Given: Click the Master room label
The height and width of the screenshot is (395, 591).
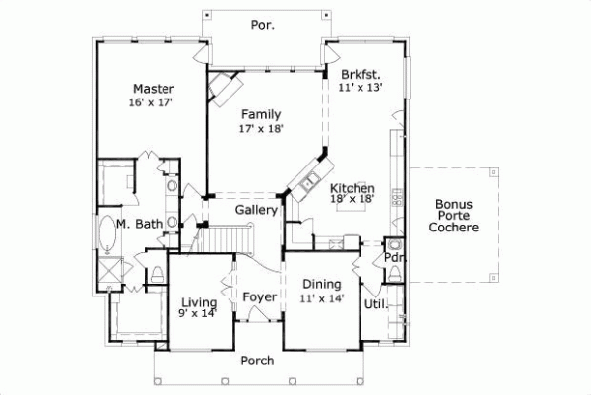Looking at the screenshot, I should pyautogui.click(x=154, y=88).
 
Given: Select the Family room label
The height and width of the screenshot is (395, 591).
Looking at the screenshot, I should pyautogui.click(x=261, y=114).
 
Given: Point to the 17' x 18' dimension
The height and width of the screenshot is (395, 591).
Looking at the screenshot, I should pyautogui.click(x=261, y=128).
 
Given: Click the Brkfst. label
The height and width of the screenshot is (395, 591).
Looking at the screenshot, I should pyautogui.click(x=361, y=74).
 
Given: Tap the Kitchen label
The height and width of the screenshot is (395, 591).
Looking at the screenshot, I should pyautogui.click(x=352, y=188).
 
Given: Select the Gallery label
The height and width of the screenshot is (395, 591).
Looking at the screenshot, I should pyautogui.click(x=255, y=210).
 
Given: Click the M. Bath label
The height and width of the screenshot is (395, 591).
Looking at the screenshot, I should pyautogui.click(x=139, y=225).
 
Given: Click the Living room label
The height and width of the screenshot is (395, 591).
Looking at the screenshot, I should pyautogui.click(x=199, y=301).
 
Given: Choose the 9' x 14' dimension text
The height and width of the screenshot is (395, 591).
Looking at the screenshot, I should pyautogui.click(x=199, y=314).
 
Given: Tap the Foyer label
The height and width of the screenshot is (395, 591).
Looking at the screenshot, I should pyautogui.click(x=259, y=296).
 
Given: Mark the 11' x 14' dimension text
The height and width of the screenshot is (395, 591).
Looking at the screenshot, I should pyautogui.click(x=322, y=298).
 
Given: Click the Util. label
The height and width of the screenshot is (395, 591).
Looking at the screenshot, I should pyautogui.click(x=376, y=304).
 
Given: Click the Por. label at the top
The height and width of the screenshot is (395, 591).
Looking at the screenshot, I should pyautogui.click(x=262, y=24).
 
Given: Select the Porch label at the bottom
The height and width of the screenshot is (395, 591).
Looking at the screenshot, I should pyautogui.click(x=258, y=361).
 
